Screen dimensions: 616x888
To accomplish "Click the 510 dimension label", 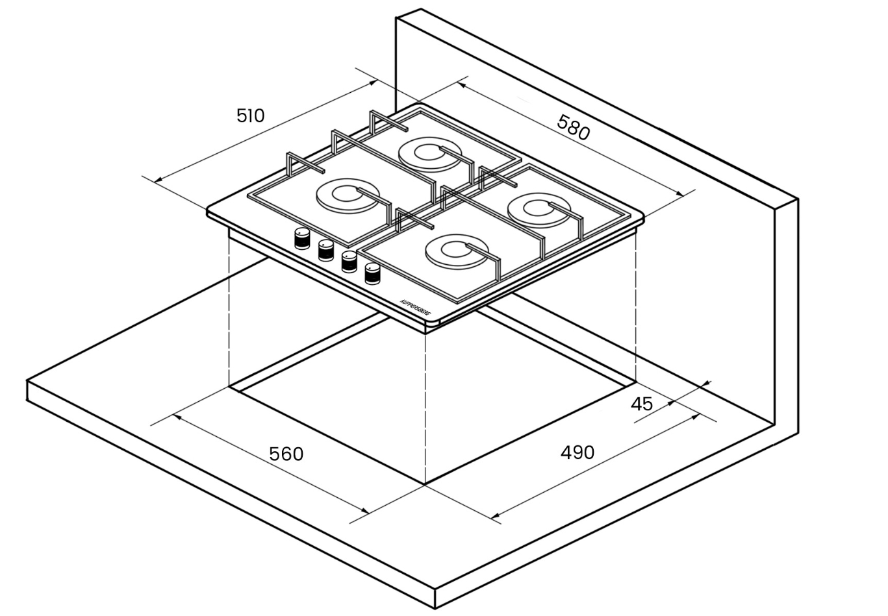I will [x=251, y=116].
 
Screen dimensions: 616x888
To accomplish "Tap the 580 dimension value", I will [x=574, y=127].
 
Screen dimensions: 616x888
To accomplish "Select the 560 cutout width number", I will [x=286, y=454].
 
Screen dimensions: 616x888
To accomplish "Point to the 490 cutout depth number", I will [x=577, y=452].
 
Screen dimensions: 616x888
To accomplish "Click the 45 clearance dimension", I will [x=642, y=404].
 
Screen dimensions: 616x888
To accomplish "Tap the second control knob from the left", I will [x=325, y=249].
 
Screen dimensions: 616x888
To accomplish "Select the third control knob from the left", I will [x=349, y=261].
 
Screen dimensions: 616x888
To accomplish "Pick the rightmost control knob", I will [x=373, y=273].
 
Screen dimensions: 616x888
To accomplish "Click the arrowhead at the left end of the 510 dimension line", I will [x=156, y=180].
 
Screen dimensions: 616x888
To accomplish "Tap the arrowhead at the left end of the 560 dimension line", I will [x=175, y=416].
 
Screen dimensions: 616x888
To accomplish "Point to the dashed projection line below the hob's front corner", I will [x=425, y=402].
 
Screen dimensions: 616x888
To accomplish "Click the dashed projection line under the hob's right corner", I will [x=635, y=305].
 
